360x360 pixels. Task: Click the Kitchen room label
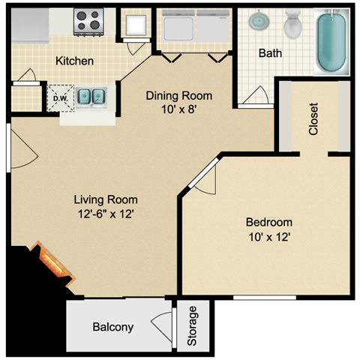[74, 61]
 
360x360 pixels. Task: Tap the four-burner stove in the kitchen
[88, 22]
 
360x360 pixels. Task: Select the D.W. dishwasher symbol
[61, 98]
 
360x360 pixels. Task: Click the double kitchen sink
[91, 97]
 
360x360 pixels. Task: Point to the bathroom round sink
[259, 20]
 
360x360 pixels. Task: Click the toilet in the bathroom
[293, 24]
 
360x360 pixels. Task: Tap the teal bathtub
[331, 41]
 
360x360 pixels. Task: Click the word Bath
[270, 53]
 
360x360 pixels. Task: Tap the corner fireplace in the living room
[52, 264]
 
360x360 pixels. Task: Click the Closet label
[313, 119]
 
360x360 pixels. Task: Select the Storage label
[192, 326]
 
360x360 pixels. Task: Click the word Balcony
[113, 327]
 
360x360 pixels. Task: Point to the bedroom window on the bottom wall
[265, 298]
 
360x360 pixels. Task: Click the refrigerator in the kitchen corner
[30, 25]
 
